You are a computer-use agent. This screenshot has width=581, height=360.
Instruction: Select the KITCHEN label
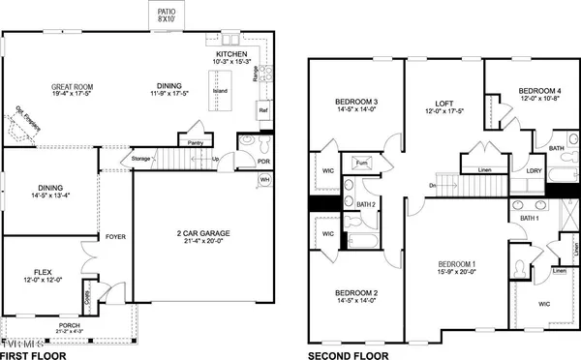[233, 54]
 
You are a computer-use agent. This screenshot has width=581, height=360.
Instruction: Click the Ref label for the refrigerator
[262, 111]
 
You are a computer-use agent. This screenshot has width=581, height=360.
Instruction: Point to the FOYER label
[116, 234]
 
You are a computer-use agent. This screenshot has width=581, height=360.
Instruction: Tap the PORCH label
[69, 325]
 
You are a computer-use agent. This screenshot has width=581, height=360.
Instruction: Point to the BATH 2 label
[365, 205]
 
